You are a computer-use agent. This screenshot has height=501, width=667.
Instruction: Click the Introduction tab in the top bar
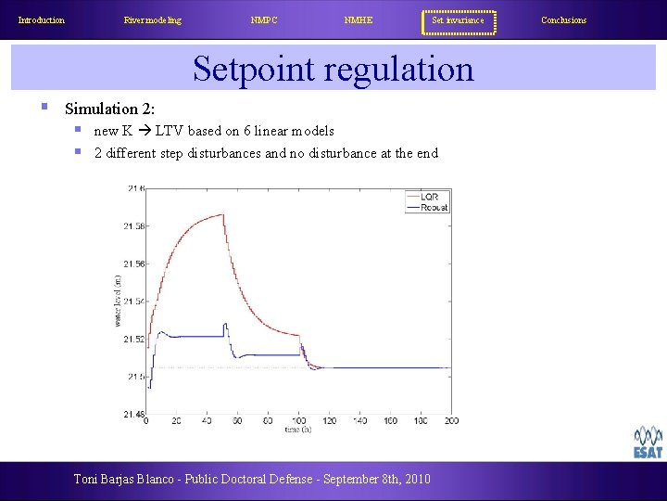tap(42, 20)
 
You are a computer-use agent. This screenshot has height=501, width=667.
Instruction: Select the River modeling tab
tap(153, 20)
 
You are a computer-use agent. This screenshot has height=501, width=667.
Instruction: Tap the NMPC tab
tap(264, 20)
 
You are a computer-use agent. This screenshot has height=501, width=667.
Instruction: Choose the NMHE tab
tap(358, 20)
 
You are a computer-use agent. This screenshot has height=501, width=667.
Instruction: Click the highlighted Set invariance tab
tap(459, 20)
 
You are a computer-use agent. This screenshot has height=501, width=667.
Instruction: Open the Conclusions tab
tap(563, 20)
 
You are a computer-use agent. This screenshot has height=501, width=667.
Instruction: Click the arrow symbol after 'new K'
tap(144, 131)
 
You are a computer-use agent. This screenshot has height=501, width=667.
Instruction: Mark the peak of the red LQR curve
tap(223, 215)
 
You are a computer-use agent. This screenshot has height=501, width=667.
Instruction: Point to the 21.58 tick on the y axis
tap(132, 226)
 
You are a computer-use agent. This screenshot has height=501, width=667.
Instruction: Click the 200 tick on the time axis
tap(450, 422)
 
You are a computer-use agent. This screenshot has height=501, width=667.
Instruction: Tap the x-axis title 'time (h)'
tap(298, 430)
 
